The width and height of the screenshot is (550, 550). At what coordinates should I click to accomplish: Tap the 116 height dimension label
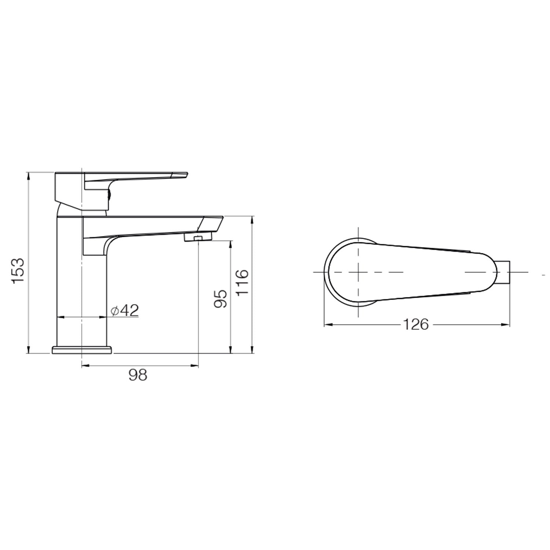point(242,282)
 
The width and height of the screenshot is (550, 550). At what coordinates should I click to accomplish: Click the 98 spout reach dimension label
point(138,375)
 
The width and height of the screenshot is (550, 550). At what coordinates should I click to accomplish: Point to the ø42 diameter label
point(125,311)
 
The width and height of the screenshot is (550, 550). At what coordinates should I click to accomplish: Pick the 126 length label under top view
point(415,324)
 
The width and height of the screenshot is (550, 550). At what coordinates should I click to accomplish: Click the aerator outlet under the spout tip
point(198,238)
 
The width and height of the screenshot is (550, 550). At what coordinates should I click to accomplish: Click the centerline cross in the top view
point(358,272)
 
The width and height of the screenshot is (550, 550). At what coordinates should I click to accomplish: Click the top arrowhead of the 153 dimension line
point(28,175)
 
